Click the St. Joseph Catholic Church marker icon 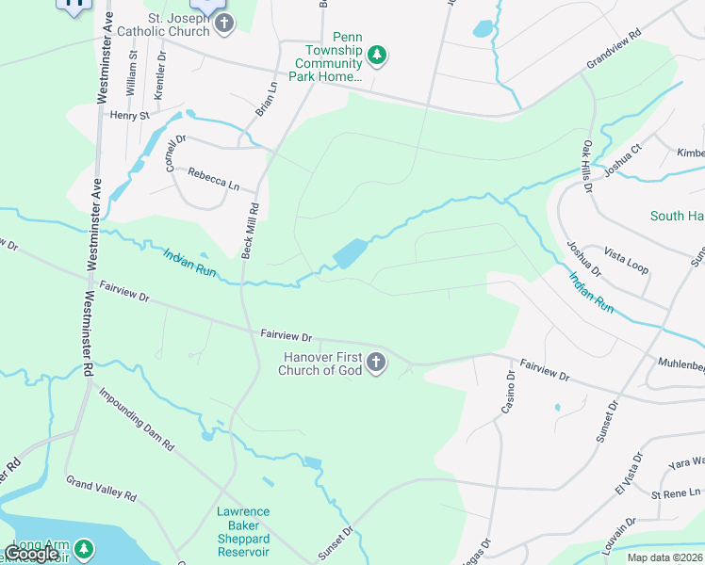pyautogui.click(x=223, y=23)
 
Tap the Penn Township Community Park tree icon pyautogui.click(x=377, y=55)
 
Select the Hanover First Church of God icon pyautogui.click(x=376, y=363)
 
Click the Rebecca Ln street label pyautogui.click(x=214, y=177)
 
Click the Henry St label pyautogui.click(x=130, y=116)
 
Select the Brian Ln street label pyautogui.click(x=267, y=99)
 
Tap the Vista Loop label pyautogui.click(x=627, y=262)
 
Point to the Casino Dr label pyautogui.click(x=508, y=392)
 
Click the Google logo pyautogui.click(x=32, y=554)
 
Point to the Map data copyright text pyautogui.click(x=664, y=557)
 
